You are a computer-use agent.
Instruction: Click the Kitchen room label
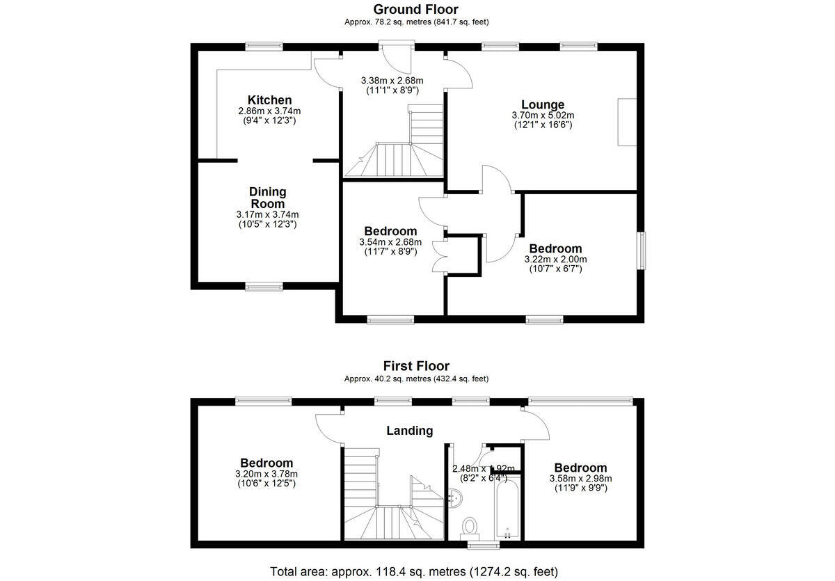[269, 100]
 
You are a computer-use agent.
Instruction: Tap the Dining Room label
[268, 198]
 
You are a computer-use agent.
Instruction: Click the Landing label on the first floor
[409, 431]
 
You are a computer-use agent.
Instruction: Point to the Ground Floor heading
[416, 9]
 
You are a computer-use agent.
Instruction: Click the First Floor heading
[416, 366]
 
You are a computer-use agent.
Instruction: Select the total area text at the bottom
[414, 572]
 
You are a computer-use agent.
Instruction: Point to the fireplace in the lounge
[627, 122]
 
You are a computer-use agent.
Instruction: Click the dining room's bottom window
[264, 285]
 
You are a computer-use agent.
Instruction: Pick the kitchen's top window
[264, 47]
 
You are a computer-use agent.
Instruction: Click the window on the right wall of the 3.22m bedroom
[642, 250]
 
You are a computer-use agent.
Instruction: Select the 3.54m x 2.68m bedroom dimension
[390, 242]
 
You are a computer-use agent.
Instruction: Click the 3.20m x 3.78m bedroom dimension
[266, 474]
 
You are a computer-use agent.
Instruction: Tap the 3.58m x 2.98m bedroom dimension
[580, 479]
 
